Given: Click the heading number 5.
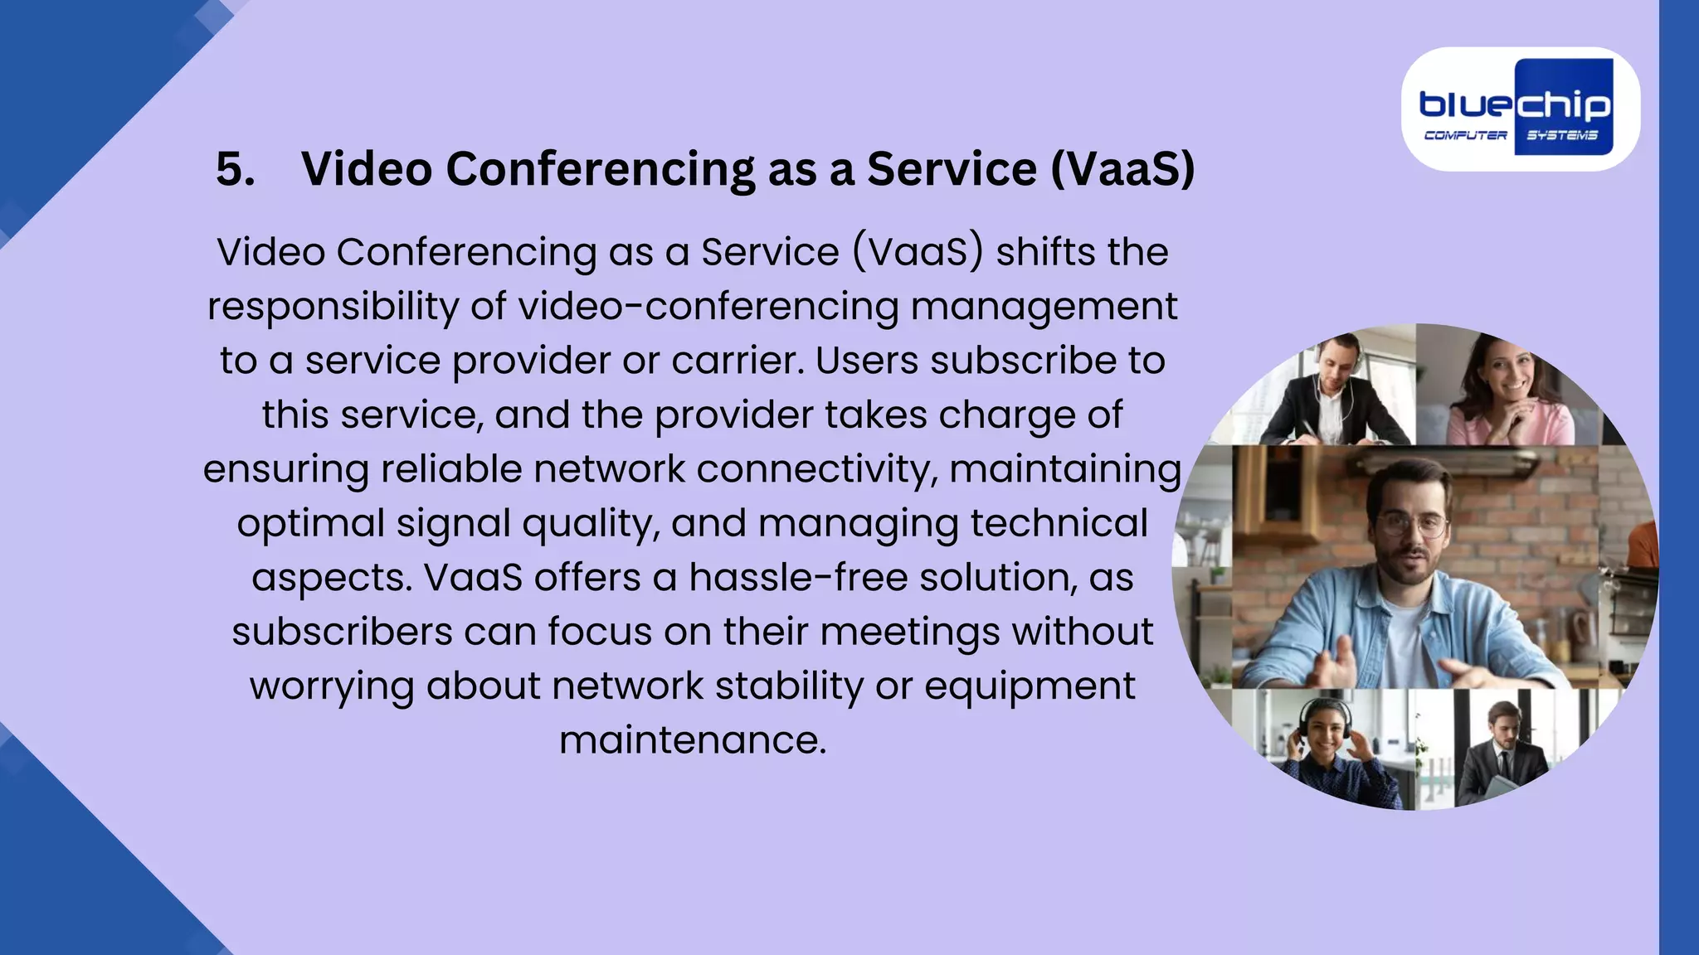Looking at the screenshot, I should click(235, 170).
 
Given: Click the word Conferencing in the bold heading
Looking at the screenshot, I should click(601, 170).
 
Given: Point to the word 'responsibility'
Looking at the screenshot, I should click(333, 307).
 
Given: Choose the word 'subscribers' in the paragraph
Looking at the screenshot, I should click(342, 632).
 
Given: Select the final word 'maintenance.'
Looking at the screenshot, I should click(693, 740).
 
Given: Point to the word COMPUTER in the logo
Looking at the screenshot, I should click(1466, 135).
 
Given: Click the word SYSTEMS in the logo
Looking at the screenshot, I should click(1562, 135).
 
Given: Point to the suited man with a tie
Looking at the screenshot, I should click(1502, 750).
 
